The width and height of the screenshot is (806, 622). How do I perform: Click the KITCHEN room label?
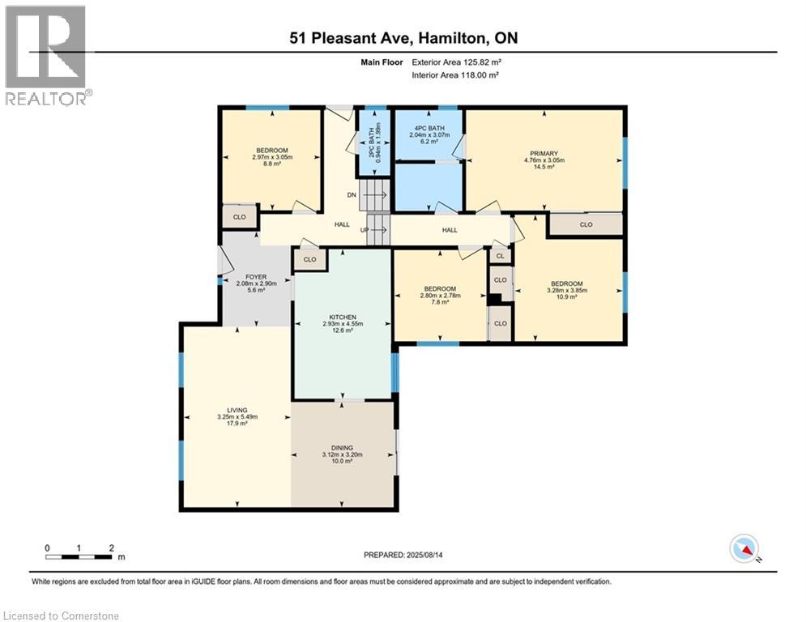pyautogui.click(x=343, y=317)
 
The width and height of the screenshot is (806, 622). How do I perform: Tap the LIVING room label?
pyautogui.click(x=237, y=411)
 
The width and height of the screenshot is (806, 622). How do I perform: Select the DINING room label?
pyautogui.click(x=342, y=447)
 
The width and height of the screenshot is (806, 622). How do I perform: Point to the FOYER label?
pyautogui.click(x=256, y=276)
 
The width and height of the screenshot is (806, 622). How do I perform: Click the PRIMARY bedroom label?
pyautogui.click(x=544, y=153)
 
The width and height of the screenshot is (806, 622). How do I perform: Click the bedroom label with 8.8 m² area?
pyautogui.click(x=271, y=151)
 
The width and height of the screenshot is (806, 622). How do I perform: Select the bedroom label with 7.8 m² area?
pyautogui.click(x=439, y=289)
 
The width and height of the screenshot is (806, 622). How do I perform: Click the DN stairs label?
pyautogui.click(x=351, y=195)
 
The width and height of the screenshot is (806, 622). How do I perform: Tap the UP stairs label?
pyautogui.click(x=365, y=230)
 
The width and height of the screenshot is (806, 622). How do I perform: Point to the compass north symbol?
pyautogui.click(x=744, y=550)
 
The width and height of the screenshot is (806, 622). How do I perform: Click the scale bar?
pyautogui.click(x=79, y=556)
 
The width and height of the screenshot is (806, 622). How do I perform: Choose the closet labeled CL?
pyautogui.click(x=500, y=256)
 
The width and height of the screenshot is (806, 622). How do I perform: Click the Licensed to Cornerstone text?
pyautogui.click(x=61, y=616)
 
